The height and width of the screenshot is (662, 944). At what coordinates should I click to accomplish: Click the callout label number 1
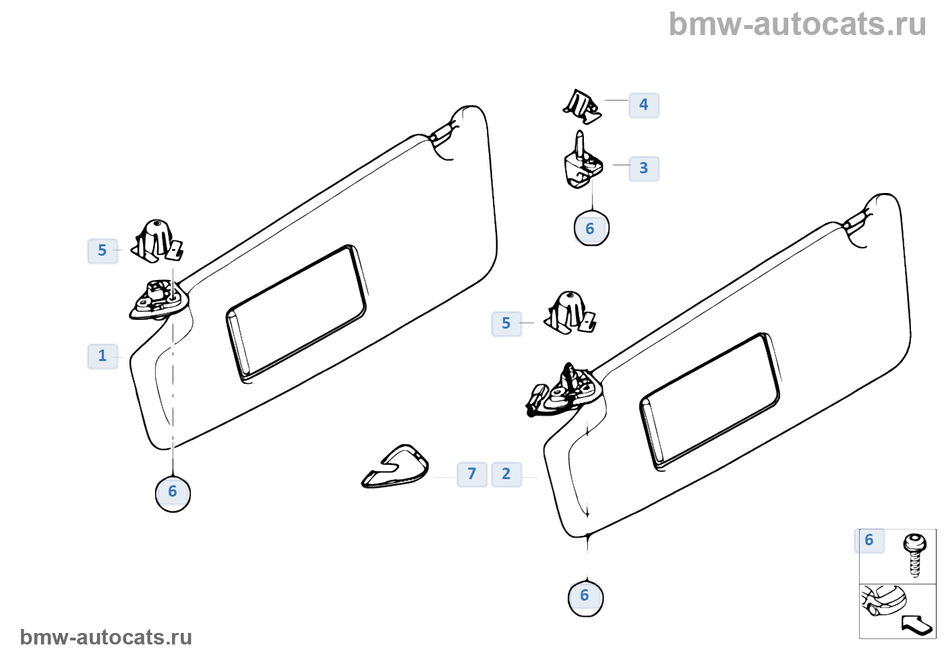[x=102, y=356]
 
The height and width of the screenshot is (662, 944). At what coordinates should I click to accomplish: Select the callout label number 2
[x=506, y=474]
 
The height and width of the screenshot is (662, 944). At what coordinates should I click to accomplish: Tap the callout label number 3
[x=644, y=169]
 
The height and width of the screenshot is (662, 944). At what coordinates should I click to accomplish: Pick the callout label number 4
[x=644, y=105]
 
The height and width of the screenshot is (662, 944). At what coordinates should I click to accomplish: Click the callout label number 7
[x=472, y=474]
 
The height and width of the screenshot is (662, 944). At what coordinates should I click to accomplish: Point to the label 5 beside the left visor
[x=102, y=251]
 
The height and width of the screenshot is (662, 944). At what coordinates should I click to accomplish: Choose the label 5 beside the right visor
[x=506, y=324]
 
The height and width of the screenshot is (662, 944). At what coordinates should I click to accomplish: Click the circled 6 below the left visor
[x=173, y=493]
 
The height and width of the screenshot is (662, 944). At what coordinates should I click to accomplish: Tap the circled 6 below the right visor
[x=585, y=597]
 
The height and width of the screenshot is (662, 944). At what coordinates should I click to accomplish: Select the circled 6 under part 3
[x=591, y=229]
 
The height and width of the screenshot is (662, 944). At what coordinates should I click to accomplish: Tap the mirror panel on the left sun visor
[x=297, y=312]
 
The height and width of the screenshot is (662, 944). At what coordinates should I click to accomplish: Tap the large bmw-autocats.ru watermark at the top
[x=797, y=24]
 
